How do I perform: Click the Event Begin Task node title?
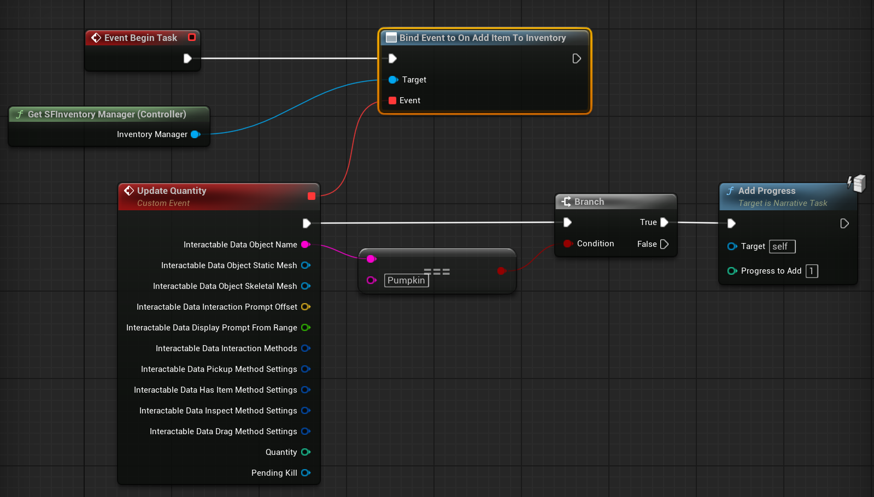(x=140, y=38)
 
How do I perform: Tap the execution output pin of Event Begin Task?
(x=187, y=58)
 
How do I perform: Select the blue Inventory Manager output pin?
(x=196, y=134)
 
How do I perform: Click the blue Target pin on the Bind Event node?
(x=393, y=80)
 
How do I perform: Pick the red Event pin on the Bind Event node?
(x=392, y=100)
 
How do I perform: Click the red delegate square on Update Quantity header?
(x=312, y=196)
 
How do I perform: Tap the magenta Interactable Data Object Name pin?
(x=306, y=245)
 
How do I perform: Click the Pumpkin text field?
(x=407, y=280)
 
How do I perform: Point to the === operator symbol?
(x=437, y=271)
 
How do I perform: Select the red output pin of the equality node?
(x=502, y=271)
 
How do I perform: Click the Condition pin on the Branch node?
(x=568, y=244)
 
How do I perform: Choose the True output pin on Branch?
(x=664, y=222)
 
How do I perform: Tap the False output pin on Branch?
(x=664, y=244)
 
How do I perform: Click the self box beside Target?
(x=782, y=246)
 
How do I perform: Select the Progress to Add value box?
(x=812, y=271)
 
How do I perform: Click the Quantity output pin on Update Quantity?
(x=306, y=452)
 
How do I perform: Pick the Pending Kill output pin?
(x=306, y=473)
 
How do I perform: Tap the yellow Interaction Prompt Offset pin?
(x=306, y=307)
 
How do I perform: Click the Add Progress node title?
(x=767, y=191)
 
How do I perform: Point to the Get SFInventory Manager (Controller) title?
(x=107, y=114)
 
